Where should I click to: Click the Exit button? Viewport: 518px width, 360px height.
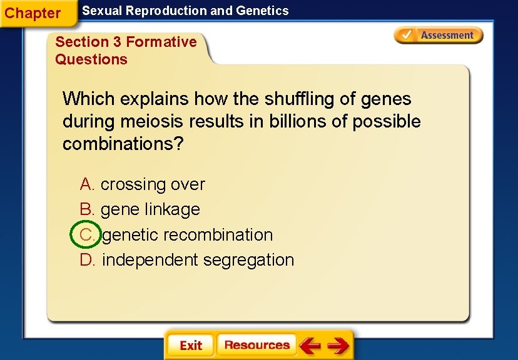point(190,346)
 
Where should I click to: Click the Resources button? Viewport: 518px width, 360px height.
point(256,345)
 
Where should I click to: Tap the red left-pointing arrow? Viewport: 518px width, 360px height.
point(310,345)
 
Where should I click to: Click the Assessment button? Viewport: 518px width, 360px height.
point(439,35)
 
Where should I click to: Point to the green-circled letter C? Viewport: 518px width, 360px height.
point(86,234)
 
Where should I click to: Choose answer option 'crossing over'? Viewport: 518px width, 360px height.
point(153,184)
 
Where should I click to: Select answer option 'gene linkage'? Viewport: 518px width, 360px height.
point(150,209)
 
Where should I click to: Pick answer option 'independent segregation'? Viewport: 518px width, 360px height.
point(198,259)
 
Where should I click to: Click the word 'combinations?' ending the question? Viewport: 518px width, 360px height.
point(123,144)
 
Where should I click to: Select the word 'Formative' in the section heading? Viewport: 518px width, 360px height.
point(161,42)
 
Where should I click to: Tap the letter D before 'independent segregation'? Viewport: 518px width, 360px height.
point(86,259)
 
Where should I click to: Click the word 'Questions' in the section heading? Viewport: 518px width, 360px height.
point(91,59)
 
